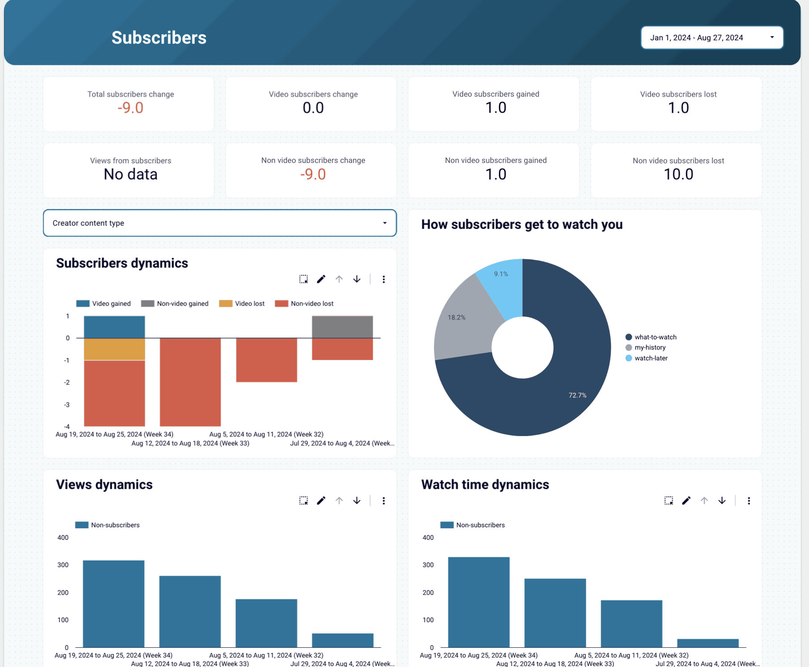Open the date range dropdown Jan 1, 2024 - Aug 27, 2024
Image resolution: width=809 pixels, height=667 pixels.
(x=712, y=38)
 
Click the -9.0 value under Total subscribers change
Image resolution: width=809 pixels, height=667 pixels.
(x=130, y=108)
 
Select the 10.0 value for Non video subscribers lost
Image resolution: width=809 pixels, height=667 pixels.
(x=678, y=174)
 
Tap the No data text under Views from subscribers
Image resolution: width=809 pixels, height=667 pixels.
(x=130, y=174)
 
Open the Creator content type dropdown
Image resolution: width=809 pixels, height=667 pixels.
(x=220, y=223)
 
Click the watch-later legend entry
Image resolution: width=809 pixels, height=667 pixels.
(x=651, y=358)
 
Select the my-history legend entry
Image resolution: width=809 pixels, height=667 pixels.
(x=650, y=347)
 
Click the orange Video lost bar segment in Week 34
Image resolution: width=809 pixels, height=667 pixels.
(x=115, y=349)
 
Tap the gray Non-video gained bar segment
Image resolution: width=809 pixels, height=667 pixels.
(x=342, y=327)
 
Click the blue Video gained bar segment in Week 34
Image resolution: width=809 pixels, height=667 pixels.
(x=115, y=327)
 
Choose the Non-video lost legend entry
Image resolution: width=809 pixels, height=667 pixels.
(x=311, y=304)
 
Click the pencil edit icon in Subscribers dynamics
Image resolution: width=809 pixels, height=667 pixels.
(x=321, y=279)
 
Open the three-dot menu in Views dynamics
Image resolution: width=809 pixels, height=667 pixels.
(x=383, y=500)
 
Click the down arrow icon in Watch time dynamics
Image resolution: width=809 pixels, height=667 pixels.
(x=722, y=500)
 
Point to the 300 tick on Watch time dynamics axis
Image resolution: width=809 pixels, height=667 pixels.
(x=428, y=565)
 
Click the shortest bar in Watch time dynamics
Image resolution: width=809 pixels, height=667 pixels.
(x=707, y=643)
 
